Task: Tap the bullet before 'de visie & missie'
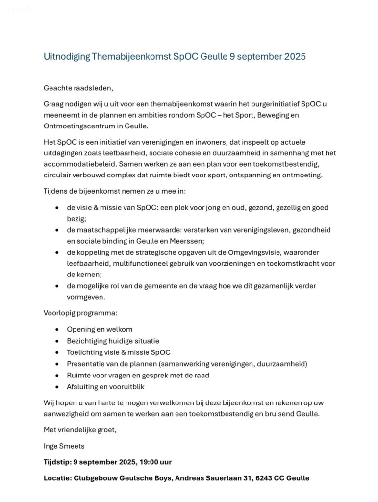(59, 208)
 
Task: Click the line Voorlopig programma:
(80, 313)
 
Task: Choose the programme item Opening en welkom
(100, 329)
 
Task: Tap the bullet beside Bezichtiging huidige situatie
(59, 341)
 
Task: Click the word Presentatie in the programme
(86, 363)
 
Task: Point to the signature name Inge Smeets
(64, 446)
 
